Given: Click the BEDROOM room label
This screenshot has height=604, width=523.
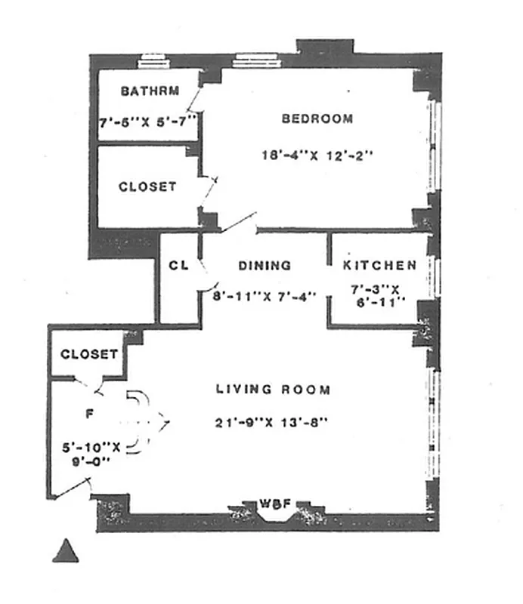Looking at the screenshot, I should (x=317, y=119).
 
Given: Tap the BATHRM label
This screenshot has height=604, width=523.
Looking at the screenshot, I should (x=150, y=92).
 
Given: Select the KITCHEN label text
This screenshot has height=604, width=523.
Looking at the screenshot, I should (x=379, y=266).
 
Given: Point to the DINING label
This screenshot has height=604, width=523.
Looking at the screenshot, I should (x=265, y=266).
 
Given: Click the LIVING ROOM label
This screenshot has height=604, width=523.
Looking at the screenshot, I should (x=273, y=390).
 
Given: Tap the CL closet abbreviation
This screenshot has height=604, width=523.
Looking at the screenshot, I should (x=178, y=266).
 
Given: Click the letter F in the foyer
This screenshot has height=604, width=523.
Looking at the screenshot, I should (x=90, y=414).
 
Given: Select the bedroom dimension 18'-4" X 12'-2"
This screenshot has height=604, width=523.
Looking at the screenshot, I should (x=317, y=156).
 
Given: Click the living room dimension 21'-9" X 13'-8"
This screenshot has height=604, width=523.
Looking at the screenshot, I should (x=271, y=423).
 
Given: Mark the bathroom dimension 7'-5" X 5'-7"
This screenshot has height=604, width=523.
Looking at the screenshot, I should (x=148, y=120).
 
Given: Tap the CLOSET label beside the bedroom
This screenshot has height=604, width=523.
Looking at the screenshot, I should (x=147, y=186).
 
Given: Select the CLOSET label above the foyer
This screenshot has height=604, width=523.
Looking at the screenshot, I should (x=89, y=354).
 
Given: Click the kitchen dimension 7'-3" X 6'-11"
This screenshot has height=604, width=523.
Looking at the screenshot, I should (x=379, y=295).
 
